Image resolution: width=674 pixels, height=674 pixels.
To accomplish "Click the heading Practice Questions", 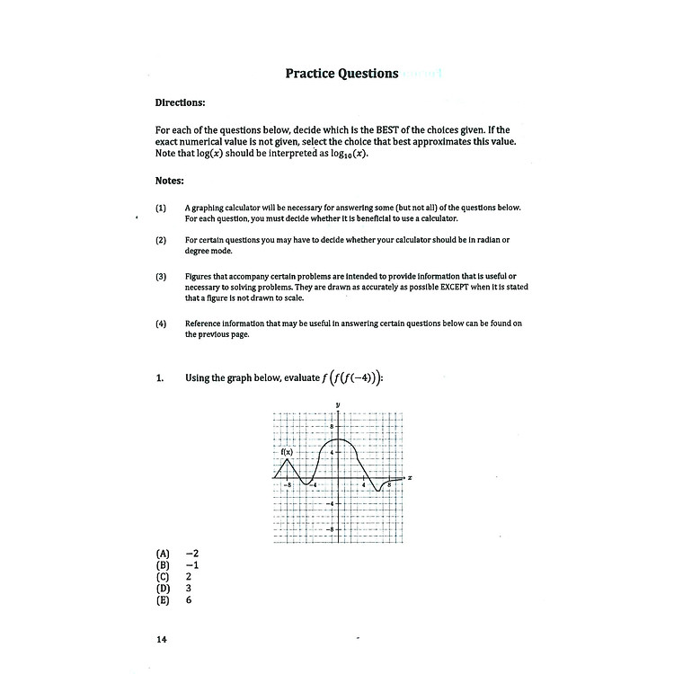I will (341, 74).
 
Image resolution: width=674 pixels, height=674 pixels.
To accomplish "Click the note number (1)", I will (161, 208).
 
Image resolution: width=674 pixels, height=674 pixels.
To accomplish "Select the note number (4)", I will (161, 324).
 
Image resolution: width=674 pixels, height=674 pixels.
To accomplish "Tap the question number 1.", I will (161, 378).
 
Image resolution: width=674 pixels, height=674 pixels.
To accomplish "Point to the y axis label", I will (337, 405).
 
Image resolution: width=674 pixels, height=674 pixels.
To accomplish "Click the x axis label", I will (410, 477).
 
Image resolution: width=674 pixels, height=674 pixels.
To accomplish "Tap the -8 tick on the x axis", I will (287, 485).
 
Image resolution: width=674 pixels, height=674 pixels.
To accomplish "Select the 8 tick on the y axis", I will (331, 426).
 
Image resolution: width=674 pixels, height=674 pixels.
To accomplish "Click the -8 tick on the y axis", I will (330, 529).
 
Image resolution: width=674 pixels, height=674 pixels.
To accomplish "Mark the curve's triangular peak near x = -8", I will (286, 459).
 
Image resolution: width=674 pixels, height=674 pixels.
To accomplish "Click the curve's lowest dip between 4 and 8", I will (378, 491).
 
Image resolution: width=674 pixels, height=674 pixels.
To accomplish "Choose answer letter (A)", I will (163, 554).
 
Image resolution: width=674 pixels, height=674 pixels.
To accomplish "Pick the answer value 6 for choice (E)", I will (189, 599).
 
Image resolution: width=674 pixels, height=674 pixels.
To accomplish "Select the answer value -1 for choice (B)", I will (191, 565).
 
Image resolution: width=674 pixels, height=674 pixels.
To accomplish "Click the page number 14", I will (162, 640).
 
